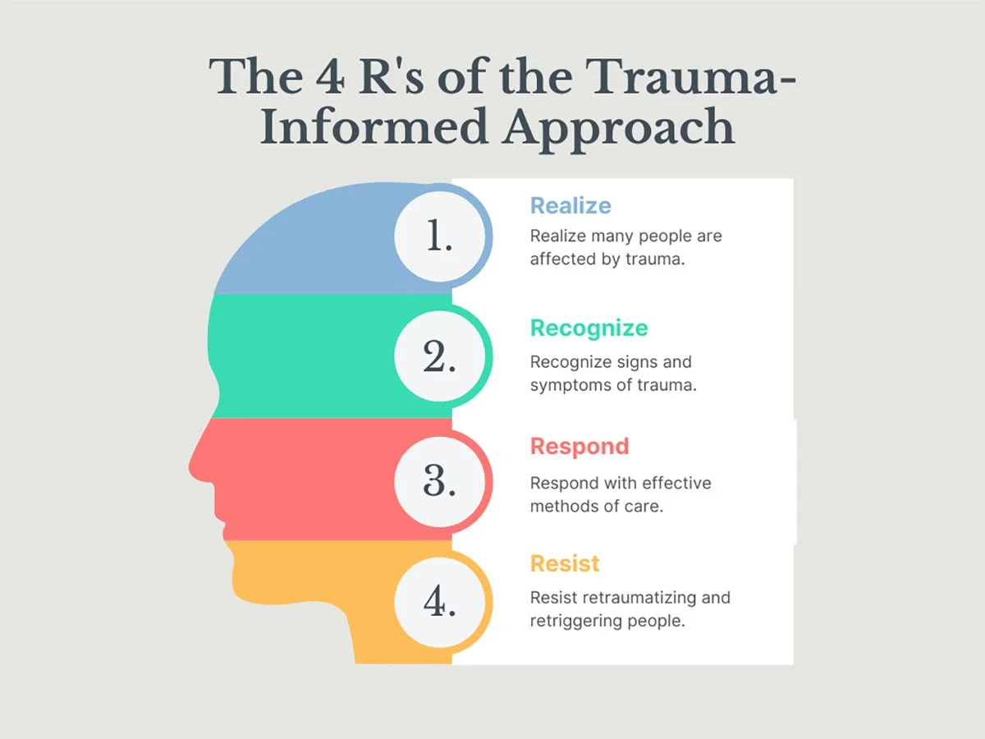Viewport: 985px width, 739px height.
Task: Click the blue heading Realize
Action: [x=570, y=205]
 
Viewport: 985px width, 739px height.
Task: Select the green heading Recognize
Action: [x=589, y=328]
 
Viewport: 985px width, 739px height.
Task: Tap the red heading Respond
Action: [x=579, y=447]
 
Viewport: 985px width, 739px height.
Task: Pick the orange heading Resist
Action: [x=565, y=564]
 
